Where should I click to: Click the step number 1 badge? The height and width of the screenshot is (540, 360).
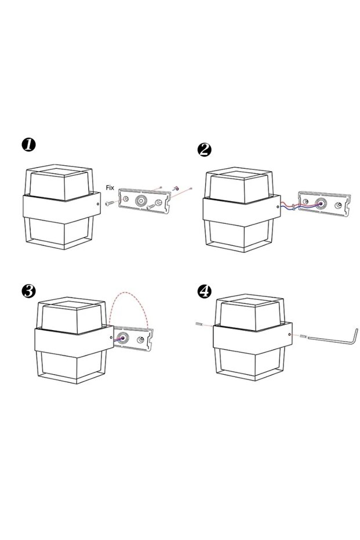[x=28, y=144]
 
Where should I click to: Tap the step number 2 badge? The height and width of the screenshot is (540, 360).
[x=205, y=150]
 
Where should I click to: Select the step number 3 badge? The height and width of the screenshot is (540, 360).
[x=28, y=291]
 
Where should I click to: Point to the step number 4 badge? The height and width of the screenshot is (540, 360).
[x=205, y=291]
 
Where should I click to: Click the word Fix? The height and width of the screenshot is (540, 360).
[x=110, y=188]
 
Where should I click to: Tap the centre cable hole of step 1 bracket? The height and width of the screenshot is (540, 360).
[x=141, y=200]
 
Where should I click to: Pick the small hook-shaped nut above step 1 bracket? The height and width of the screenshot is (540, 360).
[x=175, y=188]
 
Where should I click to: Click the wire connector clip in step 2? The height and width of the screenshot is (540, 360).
[x=293, y=207]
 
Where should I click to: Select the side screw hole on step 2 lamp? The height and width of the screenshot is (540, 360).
[x=278, y=207]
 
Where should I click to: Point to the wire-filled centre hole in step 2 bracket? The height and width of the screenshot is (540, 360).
[x=322, y=204]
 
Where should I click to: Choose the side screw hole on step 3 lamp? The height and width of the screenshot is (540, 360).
[x=111, y=338]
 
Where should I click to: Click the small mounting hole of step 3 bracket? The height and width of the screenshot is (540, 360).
[x=140, y=340]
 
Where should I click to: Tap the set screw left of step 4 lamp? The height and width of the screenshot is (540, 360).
[x=199, y=324]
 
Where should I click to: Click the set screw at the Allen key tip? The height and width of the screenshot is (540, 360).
[x=303, y=336]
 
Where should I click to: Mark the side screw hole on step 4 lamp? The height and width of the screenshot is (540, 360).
[x=290, y=334]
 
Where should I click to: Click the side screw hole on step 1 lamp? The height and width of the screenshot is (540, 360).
[x=98, y=204]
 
